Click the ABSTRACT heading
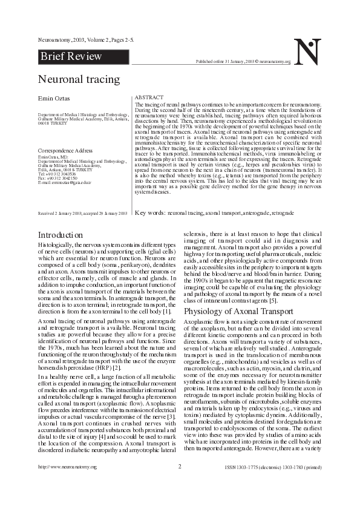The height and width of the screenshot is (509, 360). click(x=148, y=97)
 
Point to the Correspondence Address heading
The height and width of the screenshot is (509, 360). click(x=65, y=149)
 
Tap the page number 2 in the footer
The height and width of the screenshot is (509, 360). click(x=180, y=483)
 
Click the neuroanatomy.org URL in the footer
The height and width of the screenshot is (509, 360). click(x=67, y=484)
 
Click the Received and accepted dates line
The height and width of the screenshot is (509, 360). click(x=82, y=214)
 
